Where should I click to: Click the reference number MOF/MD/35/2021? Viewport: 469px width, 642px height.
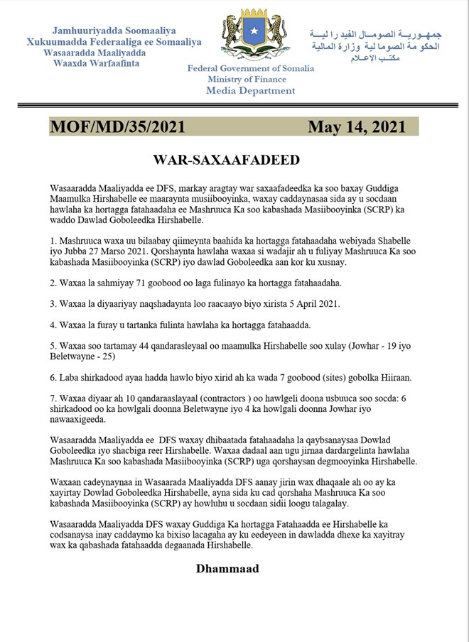click(118, 126)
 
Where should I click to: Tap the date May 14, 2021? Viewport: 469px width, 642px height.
click(356, 126)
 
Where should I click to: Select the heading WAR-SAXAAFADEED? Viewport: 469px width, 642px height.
click(228, 158)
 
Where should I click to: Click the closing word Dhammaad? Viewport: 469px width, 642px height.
click(227, 568)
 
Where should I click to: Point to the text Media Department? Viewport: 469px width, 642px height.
click(251, 90)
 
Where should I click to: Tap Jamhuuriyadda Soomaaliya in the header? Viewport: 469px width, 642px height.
click(114, 31)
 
